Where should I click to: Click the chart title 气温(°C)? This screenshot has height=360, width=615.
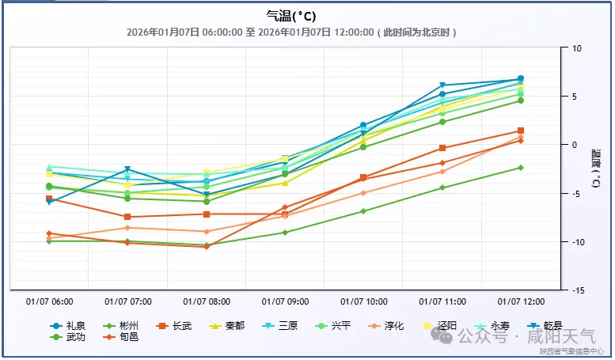[292, 16]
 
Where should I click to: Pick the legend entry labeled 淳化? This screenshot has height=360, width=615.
[393, 325]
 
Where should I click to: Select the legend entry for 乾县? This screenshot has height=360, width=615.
[552, 325]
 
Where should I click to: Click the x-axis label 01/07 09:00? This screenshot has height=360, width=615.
[285, 301]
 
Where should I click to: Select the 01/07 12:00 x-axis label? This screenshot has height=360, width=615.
[521, 301]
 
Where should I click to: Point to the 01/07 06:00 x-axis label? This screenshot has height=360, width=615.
[50, 301]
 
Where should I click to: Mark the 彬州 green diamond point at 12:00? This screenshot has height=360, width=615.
[521, 168]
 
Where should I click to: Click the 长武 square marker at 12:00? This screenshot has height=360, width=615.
[521, 131]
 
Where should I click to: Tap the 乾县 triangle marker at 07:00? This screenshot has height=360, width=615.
[127, 169]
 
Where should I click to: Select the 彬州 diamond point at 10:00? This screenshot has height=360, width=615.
[363, 211]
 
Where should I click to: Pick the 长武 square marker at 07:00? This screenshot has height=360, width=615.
[127, 217]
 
